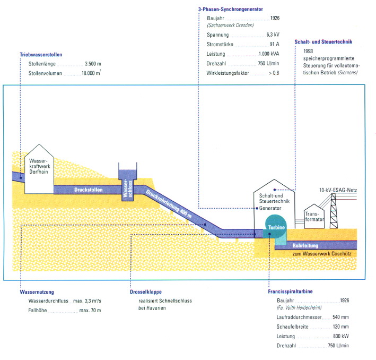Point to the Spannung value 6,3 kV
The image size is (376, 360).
(273, 35)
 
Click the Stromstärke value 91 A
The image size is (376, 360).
(275, 44)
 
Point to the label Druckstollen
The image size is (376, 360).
(88, 189)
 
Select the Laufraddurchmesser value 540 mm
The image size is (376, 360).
(340, 318)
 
